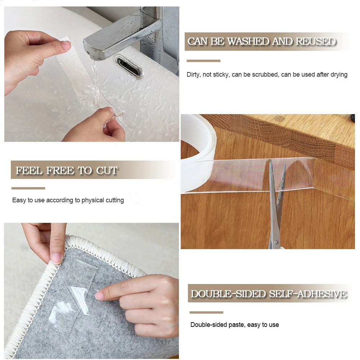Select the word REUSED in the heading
(x=316, y=41)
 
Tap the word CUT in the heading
(x=107, y=170)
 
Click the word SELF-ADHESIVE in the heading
(x=308, y=294)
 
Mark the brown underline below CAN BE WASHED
(x=203, y=61)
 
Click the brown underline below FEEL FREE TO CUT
(x=28, y=188)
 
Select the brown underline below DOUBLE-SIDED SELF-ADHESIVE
(x=206, y=312)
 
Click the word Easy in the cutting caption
(x=19, y=200)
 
